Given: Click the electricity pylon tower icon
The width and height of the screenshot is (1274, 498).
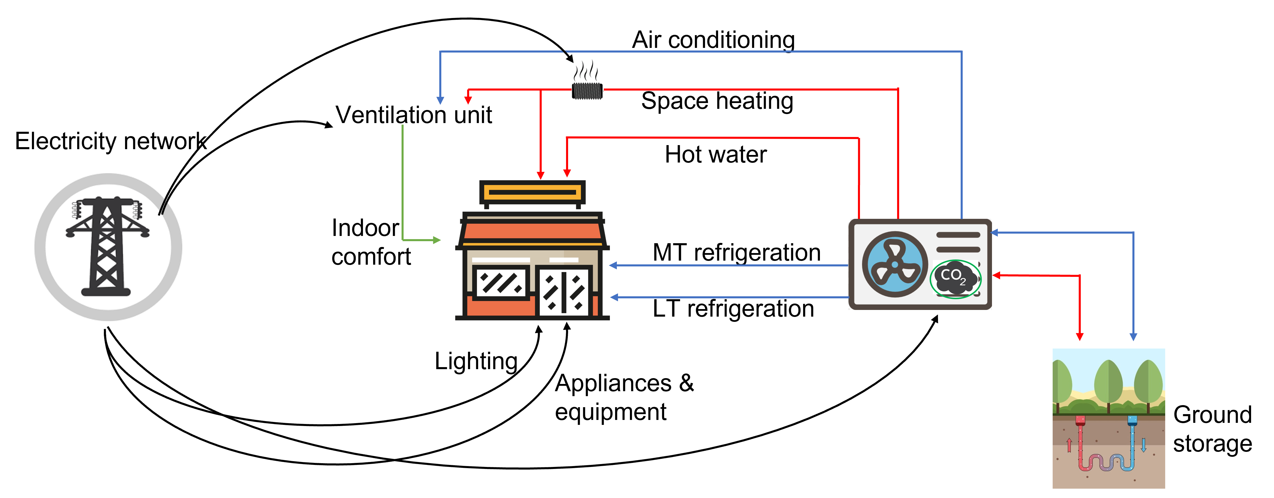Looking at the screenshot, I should pos(106,246).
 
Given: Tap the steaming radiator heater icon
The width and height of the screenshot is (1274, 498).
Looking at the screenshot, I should pos(588,80).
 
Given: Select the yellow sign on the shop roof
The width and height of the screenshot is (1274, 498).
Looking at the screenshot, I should pos(532,192).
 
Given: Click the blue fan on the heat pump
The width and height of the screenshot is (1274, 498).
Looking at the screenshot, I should pos(894,265).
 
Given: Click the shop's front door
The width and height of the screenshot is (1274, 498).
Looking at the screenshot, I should pos(563,292).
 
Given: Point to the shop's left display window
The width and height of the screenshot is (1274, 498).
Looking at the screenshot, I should pos(500,283).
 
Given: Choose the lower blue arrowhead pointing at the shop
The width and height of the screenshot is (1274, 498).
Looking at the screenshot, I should pos(614,297).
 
